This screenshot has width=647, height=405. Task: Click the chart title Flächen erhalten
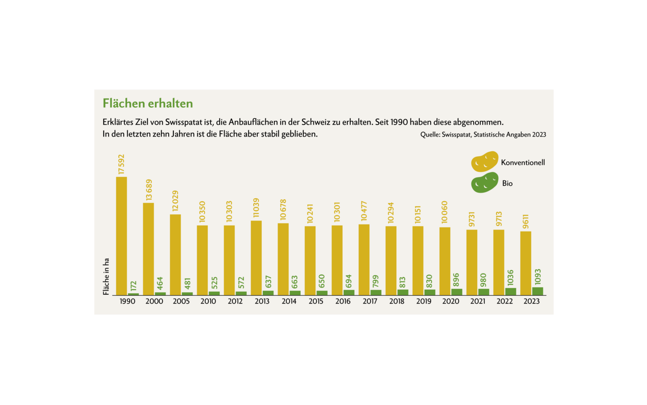pyautogui.click(x=148, y=103)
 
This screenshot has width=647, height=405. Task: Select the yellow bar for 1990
pyautogui.click(x=121, y=236)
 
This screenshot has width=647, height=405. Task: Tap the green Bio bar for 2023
pyautogui.click(x=538, y=291)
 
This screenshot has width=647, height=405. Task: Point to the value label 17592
pyautogui.click(x=121, y=165)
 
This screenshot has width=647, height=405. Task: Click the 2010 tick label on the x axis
pyautogui.click(x=208, y=301)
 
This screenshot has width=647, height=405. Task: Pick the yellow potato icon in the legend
pyautogui.click(x=484, y=162)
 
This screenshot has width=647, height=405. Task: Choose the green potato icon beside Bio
pyautogui.click(x=484, y=183)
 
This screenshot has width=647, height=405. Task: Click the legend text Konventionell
pyautogui.click(x=523, y=162)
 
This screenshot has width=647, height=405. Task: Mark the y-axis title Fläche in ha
pyautogui.click(x=106, y=277)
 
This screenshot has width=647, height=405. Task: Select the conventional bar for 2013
pyautogui.click(x=256, y=258)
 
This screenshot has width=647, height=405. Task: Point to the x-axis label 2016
pyautogui.click(x=343, y=301)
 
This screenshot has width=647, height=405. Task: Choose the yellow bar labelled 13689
pyautogui.click(x=149, y=249)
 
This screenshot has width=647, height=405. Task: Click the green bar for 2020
pyautogui.click(x=457, y=292)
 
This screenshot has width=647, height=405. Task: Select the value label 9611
pyautogui.click(x=526, y=221)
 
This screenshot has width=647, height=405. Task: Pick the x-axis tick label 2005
pyautogui.click(x=181, y=301)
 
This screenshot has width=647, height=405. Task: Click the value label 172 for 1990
pyautogui.click(x=133, y=284)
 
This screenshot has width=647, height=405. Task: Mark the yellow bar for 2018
pyautogui.click(x=391, y=260)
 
